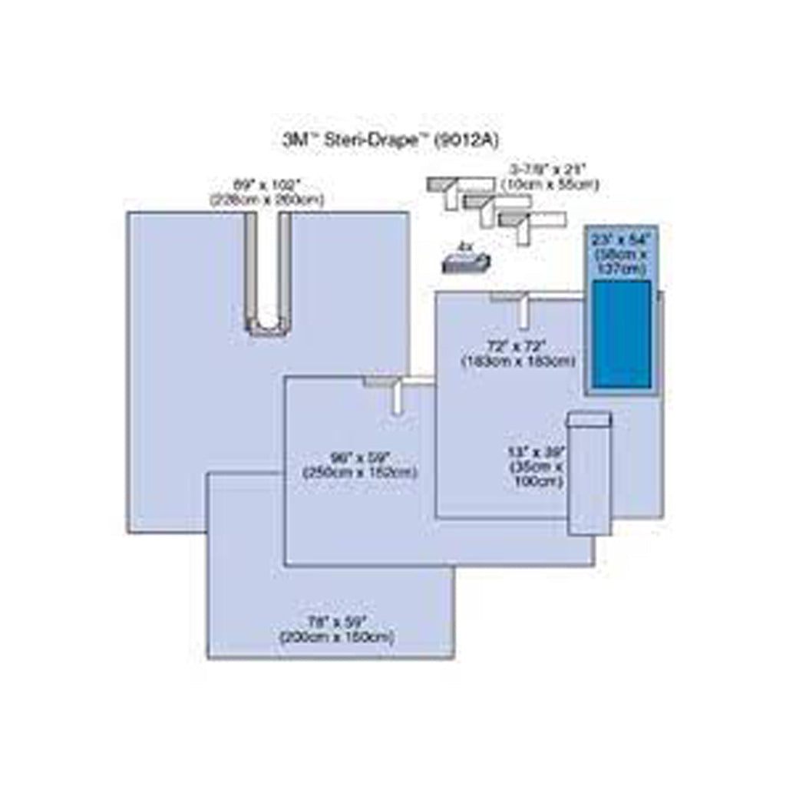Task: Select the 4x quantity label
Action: [464, 246]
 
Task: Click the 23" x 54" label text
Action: [619, 239]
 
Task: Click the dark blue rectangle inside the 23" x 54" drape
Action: [622, 334]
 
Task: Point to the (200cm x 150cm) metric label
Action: [337, 637]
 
